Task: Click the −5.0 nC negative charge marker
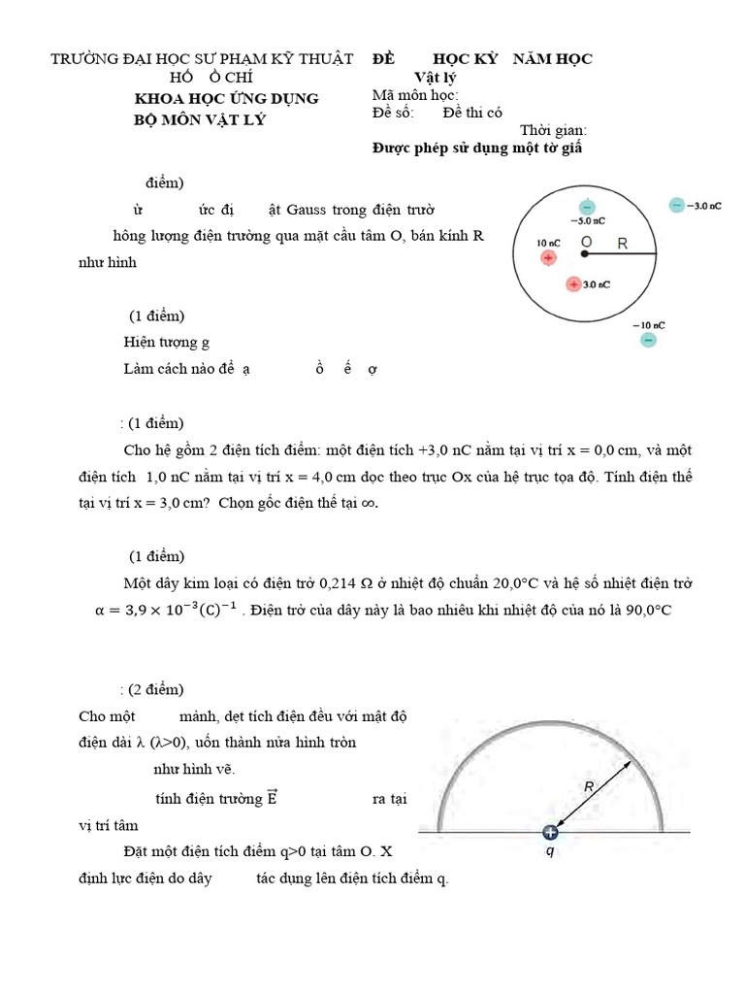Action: coord(586,207)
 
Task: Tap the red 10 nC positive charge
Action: coord(548,258)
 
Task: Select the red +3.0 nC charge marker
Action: coord(574,284)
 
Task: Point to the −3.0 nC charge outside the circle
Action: coord(675,206)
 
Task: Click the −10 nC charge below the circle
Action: coord(648,340)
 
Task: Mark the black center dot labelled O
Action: coord(585,253)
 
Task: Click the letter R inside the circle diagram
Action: coord(623,244)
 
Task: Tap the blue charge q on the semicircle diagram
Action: coord(551,832)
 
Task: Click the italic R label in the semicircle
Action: coord(588,789)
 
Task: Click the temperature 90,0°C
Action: coord(645,610)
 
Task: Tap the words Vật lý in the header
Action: coord(435,78)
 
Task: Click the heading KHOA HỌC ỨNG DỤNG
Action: coord(225,99)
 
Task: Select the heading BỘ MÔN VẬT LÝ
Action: coord(199,119)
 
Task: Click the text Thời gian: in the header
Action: coord(553,130)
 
